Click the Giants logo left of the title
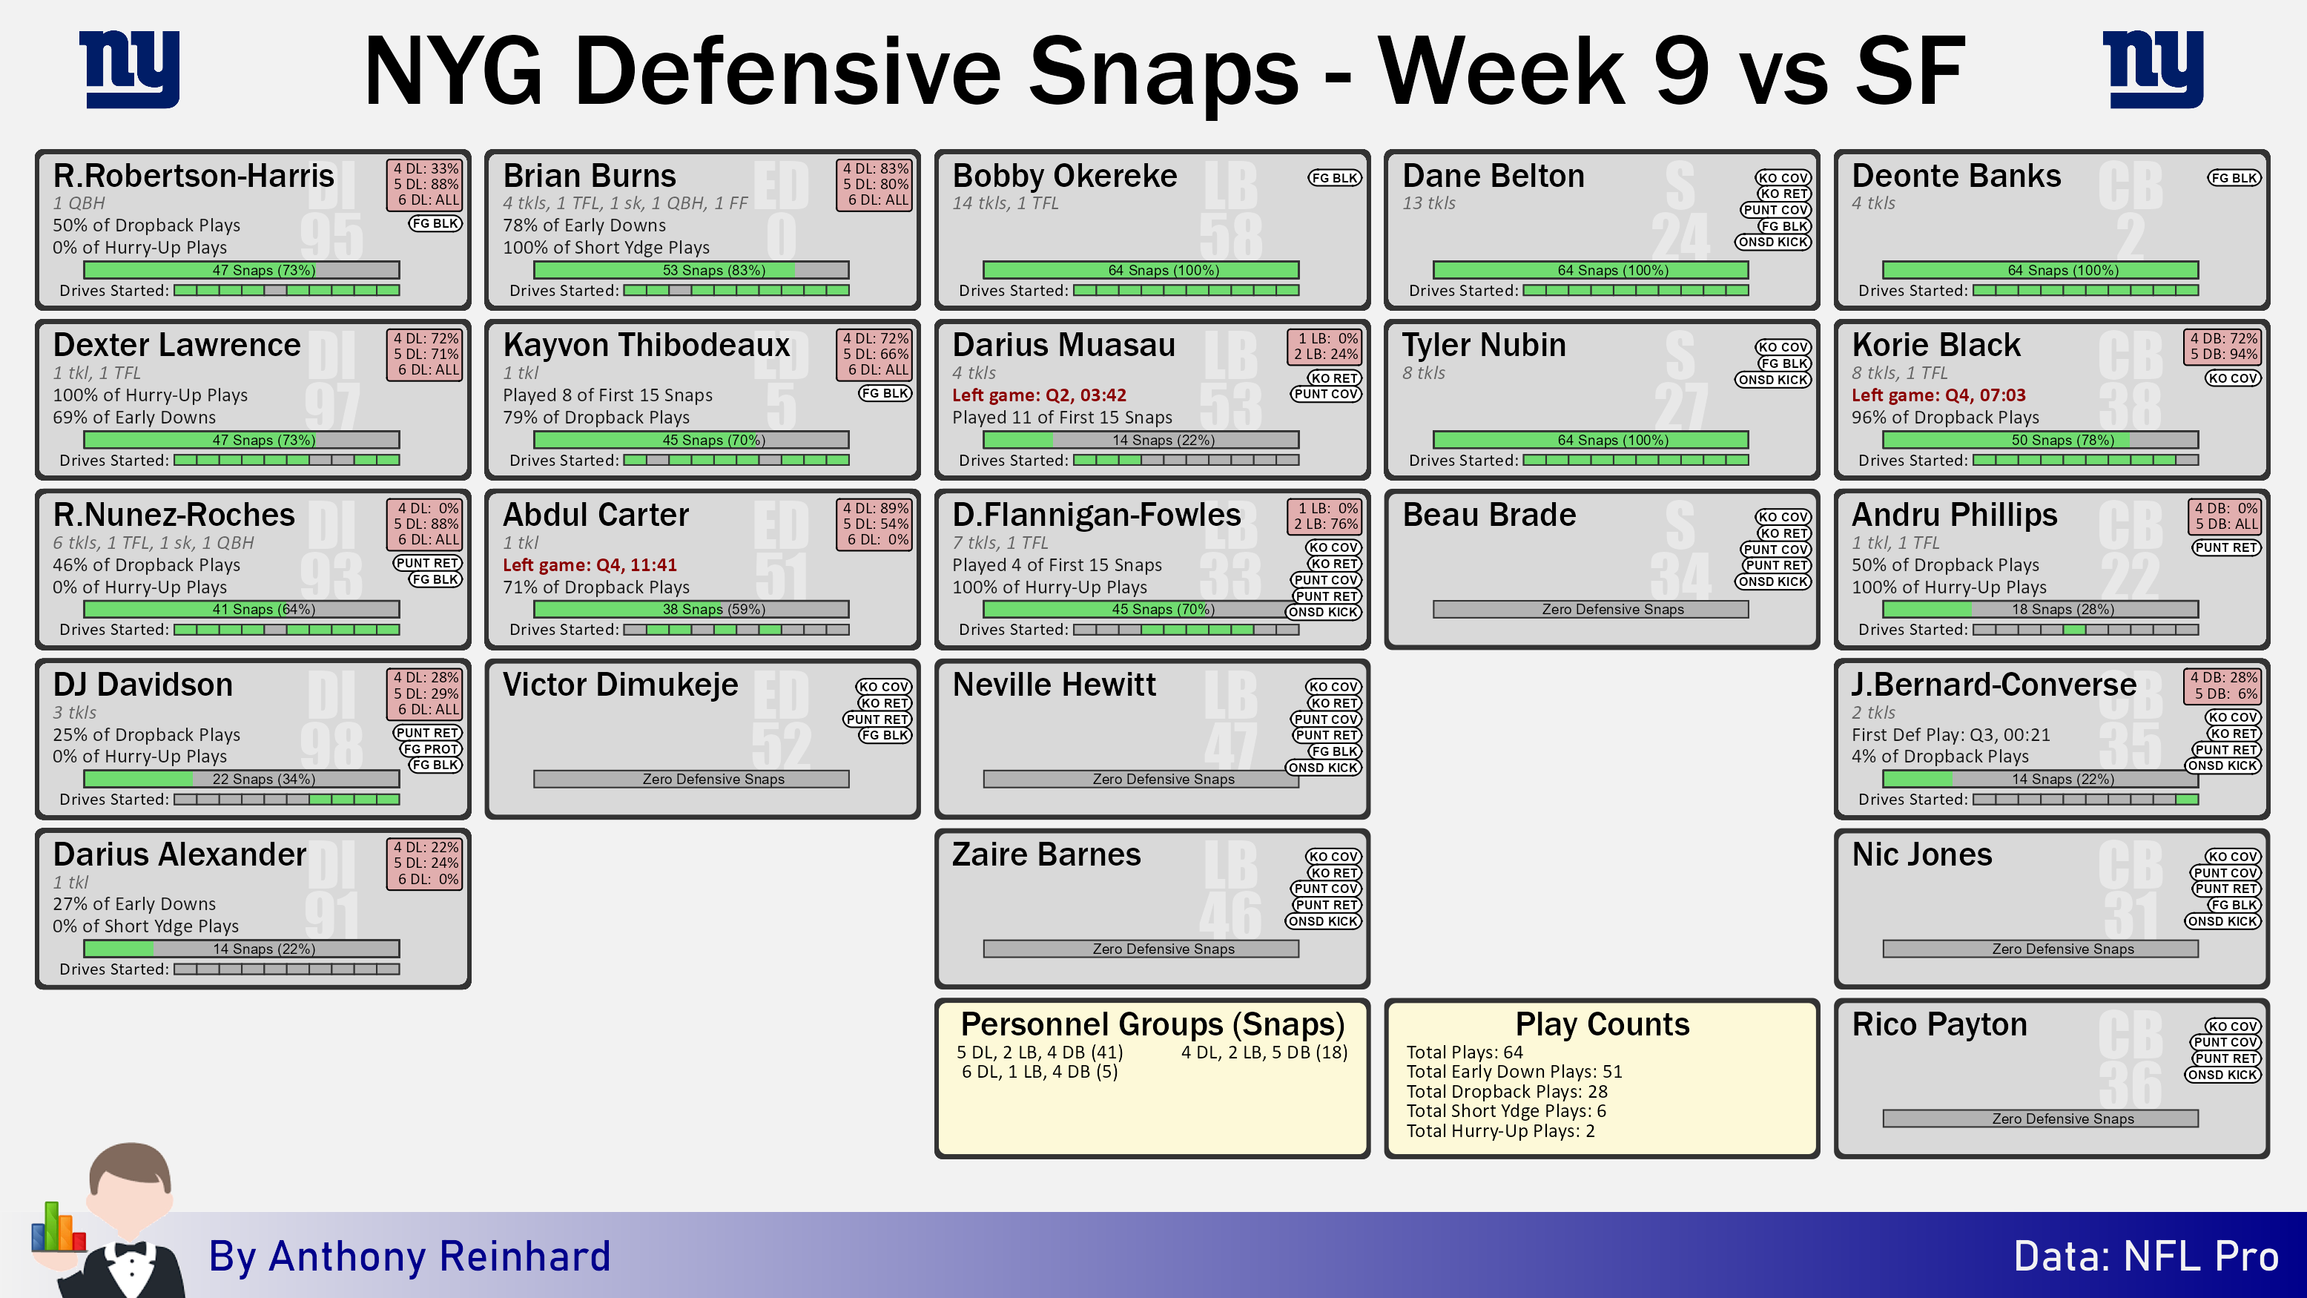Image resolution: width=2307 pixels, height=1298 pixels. click(x=130, y=69)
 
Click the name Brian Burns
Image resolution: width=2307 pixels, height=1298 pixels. click(x=590, y=176)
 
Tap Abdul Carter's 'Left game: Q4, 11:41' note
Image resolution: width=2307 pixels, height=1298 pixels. click(x=590, y=564)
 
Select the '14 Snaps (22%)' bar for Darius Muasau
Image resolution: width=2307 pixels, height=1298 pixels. click(x=1141, y=440)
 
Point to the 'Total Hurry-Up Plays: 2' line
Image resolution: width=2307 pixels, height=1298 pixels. click(x=1500, y=1130)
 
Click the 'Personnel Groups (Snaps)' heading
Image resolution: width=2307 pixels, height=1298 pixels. click(x=1152, y=1024)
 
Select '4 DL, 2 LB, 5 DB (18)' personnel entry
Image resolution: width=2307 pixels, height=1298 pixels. click(x=1264, y=1052)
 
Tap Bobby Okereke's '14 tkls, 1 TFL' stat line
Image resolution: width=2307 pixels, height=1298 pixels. click(x=1005, y=203)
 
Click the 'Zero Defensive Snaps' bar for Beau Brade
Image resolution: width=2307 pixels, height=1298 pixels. click(x=1591, y=609)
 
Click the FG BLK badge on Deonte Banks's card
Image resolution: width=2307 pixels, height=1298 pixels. click(x=2234, y=177)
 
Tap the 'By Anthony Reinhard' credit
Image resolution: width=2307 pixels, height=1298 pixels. click(x=409, y=1256)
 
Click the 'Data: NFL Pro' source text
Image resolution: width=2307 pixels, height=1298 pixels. click(x=2146, y=1256)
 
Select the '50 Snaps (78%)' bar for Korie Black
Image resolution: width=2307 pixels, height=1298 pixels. click(x=2040, y=440)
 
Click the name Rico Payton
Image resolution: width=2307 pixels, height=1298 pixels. click(x=1939, y=1024)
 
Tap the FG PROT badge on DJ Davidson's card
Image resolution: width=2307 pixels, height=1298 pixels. click(x=431, y=749)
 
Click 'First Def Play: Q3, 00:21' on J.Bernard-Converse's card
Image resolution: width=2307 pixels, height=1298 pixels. click(x=1950, y=734)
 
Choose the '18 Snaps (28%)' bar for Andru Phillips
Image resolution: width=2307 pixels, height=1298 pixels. click(x=2040, y=609)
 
